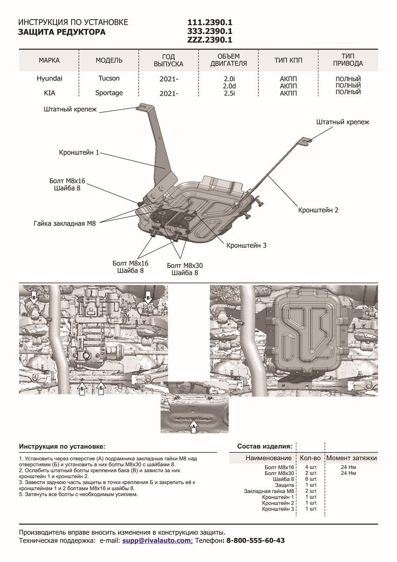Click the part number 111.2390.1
[x=210, y=22]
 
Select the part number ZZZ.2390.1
[x=210, y=40]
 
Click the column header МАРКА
[x=50, y=60]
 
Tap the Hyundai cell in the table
[x=50, y=79]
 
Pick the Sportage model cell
[x=109, y=93]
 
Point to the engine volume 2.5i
[x=228, y=93]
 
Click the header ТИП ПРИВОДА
[x=348, y=60]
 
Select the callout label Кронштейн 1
[x=80, y=153]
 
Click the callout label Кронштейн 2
[x=318, y=210]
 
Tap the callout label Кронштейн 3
[x=246, y=245]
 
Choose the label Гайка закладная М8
[x=65, y=224]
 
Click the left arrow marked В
[x=34, y=296]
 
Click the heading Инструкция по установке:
[x=62, y=446]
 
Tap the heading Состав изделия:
[x=265, y=446]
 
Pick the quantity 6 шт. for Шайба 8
[x=311, y=479]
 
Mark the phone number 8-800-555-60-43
[x=255, y=540]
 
